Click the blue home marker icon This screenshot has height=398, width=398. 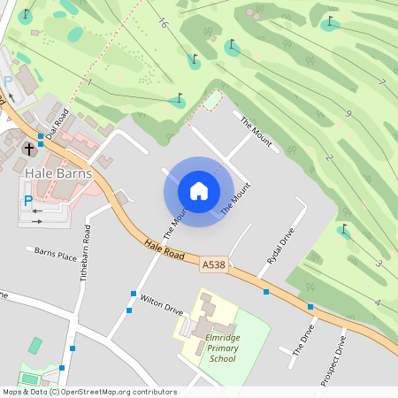coord(199,190)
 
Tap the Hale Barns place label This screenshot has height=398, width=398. coord(58,173)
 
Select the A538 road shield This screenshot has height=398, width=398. coord(213,264)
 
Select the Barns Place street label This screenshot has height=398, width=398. coord(56,255)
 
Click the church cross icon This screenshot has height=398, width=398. coord(29,148)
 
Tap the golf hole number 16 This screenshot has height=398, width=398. coord(164,24)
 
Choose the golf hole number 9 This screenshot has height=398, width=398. coord(348,113)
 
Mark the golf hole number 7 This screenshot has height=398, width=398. coord(381,82)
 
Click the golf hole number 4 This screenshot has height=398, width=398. coord(377,302)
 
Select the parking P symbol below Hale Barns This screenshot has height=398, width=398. coord(27,201)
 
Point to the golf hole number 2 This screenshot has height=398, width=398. coord(329,157)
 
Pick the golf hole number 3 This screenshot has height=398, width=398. coord(378,263)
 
